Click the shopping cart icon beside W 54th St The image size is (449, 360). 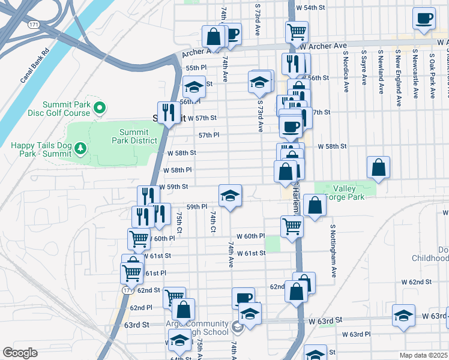(x=297, y=31)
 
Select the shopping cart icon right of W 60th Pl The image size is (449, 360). (x=292, y=227)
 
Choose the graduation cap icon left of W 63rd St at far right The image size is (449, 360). (x=403, y=316)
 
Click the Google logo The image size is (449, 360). (x=20, y=353)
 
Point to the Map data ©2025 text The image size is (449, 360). (x=423, y=355)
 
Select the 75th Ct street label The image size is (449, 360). (x=179, y=222)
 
